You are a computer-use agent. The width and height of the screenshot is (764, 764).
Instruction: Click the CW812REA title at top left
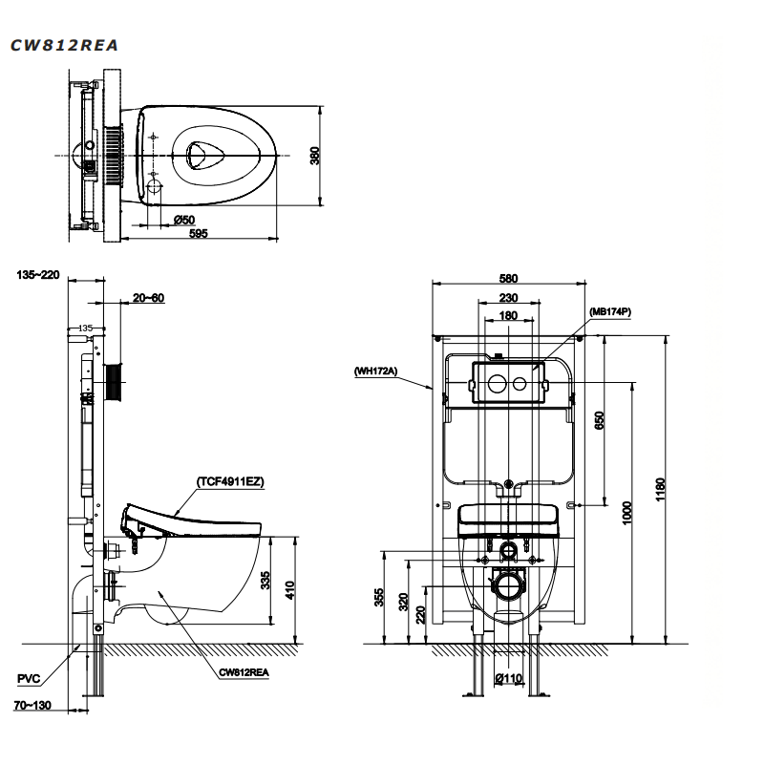65,45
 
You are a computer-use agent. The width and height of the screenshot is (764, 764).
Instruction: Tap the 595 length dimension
198,233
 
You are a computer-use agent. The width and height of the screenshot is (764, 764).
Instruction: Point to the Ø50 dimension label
184,220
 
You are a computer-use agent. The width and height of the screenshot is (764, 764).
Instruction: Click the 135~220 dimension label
38,275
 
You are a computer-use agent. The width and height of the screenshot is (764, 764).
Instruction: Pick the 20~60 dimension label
148,298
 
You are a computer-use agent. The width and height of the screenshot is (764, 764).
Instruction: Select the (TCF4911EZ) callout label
230,482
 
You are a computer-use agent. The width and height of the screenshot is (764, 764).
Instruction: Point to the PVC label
29,679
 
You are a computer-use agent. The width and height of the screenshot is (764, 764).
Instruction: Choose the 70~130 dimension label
32,706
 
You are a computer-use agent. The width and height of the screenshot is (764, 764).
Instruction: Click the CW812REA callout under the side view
244,672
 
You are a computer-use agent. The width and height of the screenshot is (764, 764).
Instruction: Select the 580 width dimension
507,278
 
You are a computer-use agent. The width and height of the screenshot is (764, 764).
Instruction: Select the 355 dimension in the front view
379,598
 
